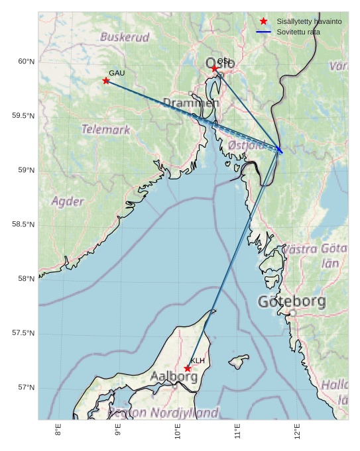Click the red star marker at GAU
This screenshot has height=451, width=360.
pyautogui.click(x=106, y=81)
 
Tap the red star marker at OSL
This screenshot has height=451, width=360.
pyautogui.click(x=215, y=68)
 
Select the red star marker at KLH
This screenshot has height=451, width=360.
pyautogui.click(x=188, y=368)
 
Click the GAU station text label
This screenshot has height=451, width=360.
pyautogui.click(x=117, y=73)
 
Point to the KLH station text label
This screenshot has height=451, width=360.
pyautogui.click(x=198, y=360)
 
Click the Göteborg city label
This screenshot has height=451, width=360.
pyautogui.click(x=292, y=302)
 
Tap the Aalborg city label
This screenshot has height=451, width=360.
pyautogui.click(x=174, y=376)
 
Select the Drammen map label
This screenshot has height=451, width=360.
pyautogui.click(x=191, y=103)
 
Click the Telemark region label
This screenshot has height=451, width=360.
pyautogui.click(x=106, y=129)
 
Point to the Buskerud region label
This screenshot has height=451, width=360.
pyautogui.click(x=125, y=37)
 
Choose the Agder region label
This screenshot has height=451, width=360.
pyautogui.click(x=68, y=201)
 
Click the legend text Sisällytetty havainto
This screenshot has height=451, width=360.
pyautogui.click(x=309, y=21)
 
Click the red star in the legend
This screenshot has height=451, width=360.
pyautogui.click(x=264, y=21)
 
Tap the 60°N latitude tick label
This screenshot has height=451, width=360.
pyautogui.click(x=26, y=62)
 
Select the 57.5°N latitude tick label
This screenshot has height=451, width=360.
pyautogui.click(x=23, y=333)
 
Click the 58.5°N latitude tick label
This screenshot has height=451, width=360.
pyautogui.click(x=23, y=225)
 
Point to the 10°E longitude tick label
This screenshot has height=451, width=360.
pyautogui.click(x=178, y=431)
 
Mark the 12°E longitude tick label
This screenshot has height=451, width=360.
pyautogui.click(x=297, y=431)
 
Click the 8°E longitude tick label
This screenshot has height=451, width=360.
pyautogui.click(x=58, y=430)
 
